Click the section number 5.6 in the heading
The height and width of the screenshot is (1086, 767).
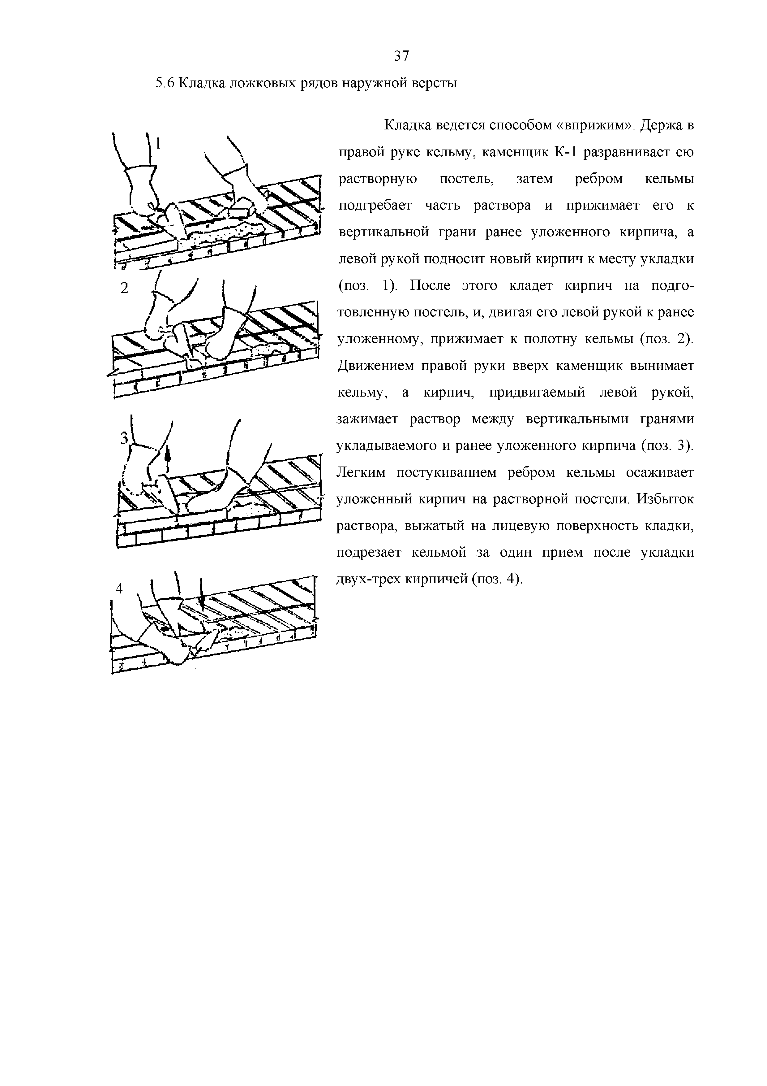tap(165, 84)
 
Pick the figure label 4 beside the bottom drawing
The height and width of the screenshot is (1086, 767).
tap(119, 589)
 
